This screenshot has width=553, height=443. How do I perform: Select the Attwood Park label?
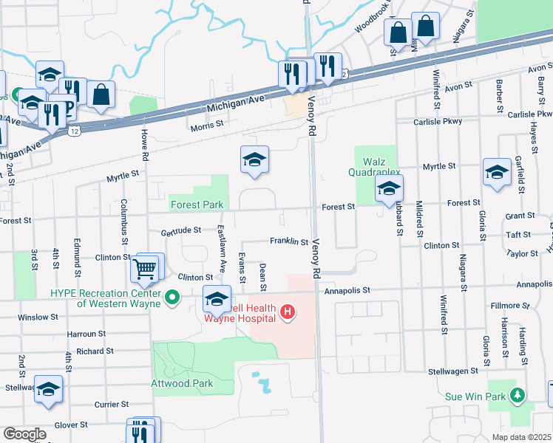tap(182, 383)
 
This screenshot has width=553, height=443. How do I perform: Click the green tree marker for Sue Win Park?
tap(518, 396)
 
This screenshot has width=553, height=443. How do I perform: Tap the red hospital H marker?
tap(288, 315)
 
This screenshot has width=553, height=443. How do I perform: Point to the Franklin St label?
tap(288, 241)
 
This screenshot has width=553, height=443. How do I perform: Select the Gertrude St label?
tap(181, 230)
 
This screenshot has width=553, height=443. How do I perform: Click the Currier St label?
tap(112, 405)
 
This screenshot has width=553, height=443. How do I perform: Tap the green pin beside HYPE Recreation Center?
tap(173, 298)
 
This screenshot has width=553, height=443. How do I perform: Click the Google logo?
tap(24, 434)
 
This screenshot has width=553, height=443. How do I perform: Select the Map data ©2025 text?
tap(521, 437)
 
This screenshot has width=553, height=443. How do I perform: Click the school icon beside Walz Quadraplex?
tap(388, 189)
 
